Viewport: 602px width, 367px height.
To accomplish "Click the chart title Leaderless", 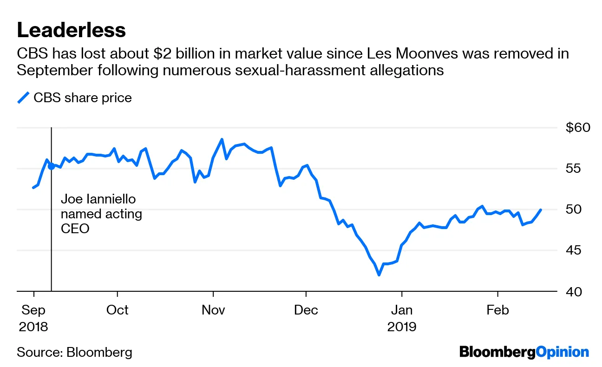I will click(x=71, y=30).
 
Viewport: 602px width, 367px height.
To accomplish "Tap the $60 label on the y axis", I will click(x=577, y=127).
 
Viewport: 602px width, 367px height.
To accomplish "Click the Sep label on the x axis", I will click(x=33, y=310).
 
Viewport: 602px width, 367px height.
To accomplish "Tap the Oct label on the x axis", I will click(x=118, y=310).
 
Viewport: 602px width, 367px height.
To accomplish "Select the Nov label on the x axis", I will click(x=213, y=310).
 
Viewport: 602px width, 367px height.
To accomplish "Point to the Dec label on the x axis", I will click(x=306, y=310).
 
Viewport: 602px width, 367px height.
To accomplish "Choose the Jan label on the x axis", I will click(x=402, y=310).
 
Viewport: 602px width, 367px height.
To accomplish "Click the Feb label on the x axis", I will click(x=497, y=310).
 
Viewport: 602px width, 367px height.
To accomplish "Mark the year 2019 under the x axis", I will click(x=402, y=327).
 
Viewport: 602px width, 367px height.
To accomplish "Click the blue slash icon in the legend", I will click(x=23, y=98).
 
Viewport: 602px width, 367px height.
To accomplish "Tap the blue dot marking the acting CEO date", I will click(x=51, y=166).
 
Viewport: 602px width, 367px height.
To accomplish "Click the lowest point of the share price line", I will click(x=379, y=275).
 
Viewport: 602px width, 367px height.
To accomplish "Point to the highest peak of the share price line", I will click(x=222, y=139).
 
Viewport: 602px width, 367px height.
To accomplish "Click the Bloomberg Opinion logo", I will click(x=524, y=352).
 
